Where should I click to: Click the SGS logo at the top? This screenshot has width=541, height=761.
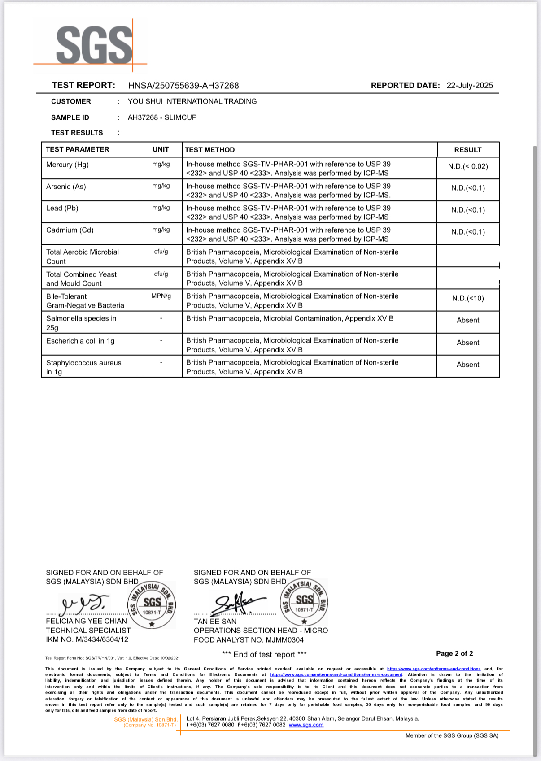pos(94,45)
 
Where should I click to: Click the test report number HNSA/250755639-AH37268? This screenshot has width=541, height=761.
pos(183,86)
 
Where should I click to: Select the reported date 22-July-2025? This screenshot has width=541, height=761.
pos(470,86)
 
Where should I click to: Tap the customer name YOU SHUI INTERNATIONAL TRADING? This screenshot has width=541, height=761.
pos(192,101)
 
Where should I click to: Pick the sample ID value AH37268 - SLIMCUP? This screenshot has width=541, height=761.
pos(162,117)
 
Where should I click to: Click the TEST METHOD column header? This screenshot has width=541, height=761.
pos(209,150)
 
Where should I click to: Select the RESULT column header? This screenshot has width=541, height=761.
pos(467,150)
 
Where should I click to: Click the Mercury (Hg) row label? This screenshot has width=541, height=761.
pos(67,165)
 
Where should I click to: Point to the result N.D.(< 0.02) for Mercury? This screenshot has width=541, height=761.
pos(467,166)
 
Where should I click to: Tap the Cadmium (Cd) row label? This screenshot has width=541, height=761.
pos(70,230)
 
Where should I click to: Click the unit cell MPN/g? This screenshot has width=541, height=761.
pos(161,296)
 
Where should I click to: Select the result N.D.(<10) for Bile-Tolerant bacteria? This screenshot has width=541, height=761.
pos(467,298)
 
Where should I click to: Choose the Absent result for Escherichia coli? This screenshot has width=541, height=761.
pos(467,343)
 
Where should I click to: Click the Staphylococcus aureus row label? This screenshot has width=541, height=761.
pos(83,367)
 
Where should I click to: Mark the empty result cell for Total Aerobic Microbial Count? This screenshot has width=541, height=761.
pos(467,256)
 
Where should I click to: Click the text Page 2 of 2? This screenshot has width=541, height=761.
pos(454,653)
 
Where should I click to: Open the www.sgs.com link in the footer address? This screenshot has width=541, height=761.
pos(305,725)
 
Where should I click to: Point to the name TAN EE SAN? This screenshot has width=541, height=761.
pos(215,622)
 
